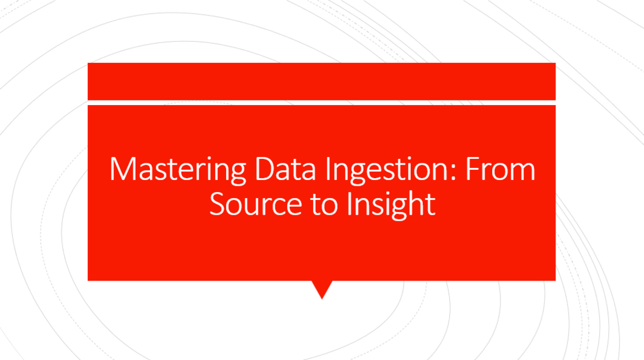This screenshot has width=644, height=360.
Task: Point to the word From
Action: pos(500,170)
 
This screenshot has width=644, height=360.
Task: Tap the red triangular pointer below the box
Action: pos(322,289)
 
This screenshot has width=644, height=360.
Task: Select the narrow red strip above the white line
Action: pos(322,81)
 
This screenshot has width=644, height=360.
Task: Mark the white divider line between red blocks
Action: pos(322,102)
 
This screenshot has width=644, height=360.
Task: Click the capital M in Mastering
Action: pos(122,170)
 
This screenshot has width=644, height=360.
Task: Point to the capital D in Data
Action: pos(263,170)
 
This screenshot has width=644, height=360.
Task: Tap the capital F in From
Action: pos(472,170)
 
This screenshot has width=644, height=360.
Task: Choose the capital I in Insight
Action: pos(350,204)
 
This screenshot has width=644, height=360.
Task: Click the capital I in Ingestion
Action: pos(328,170)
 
